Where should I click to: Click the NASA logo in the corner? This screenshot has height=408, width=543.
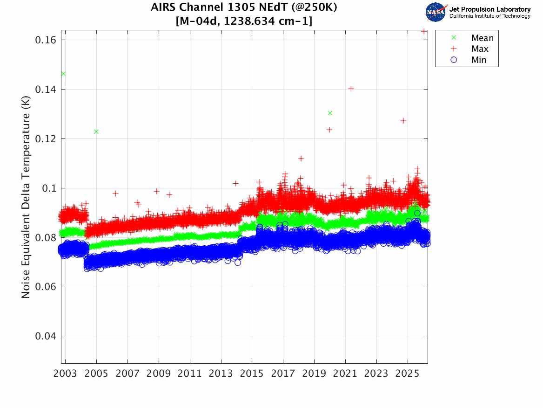(436, 12)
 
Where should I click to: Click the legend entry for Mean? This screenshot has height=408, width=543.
(482, 38)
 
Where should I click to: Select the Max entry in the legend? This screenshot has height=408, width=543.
(479, 49)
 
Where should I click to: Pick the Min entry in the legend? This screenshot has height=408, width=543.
(478, 60)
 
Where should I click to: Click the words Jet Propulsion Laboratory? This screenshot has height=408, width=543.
(489, 9)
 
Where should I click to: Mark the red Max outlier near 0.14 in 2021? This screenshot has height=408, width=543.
(351, 89)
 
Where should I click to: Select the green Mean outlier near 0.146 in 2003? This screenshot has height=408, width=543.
(63, 74)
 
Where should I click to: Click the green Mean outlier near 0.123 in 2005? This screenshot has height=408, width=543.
(96, 131)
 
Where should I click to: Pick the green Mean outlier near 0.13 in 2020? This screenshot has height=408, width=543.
(330, 113)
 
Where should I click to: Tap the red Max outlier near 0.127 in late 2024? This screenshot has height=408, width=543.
(403, 121)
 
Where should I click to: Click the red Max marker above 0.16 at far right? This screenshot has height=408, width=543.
(424, 31)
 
